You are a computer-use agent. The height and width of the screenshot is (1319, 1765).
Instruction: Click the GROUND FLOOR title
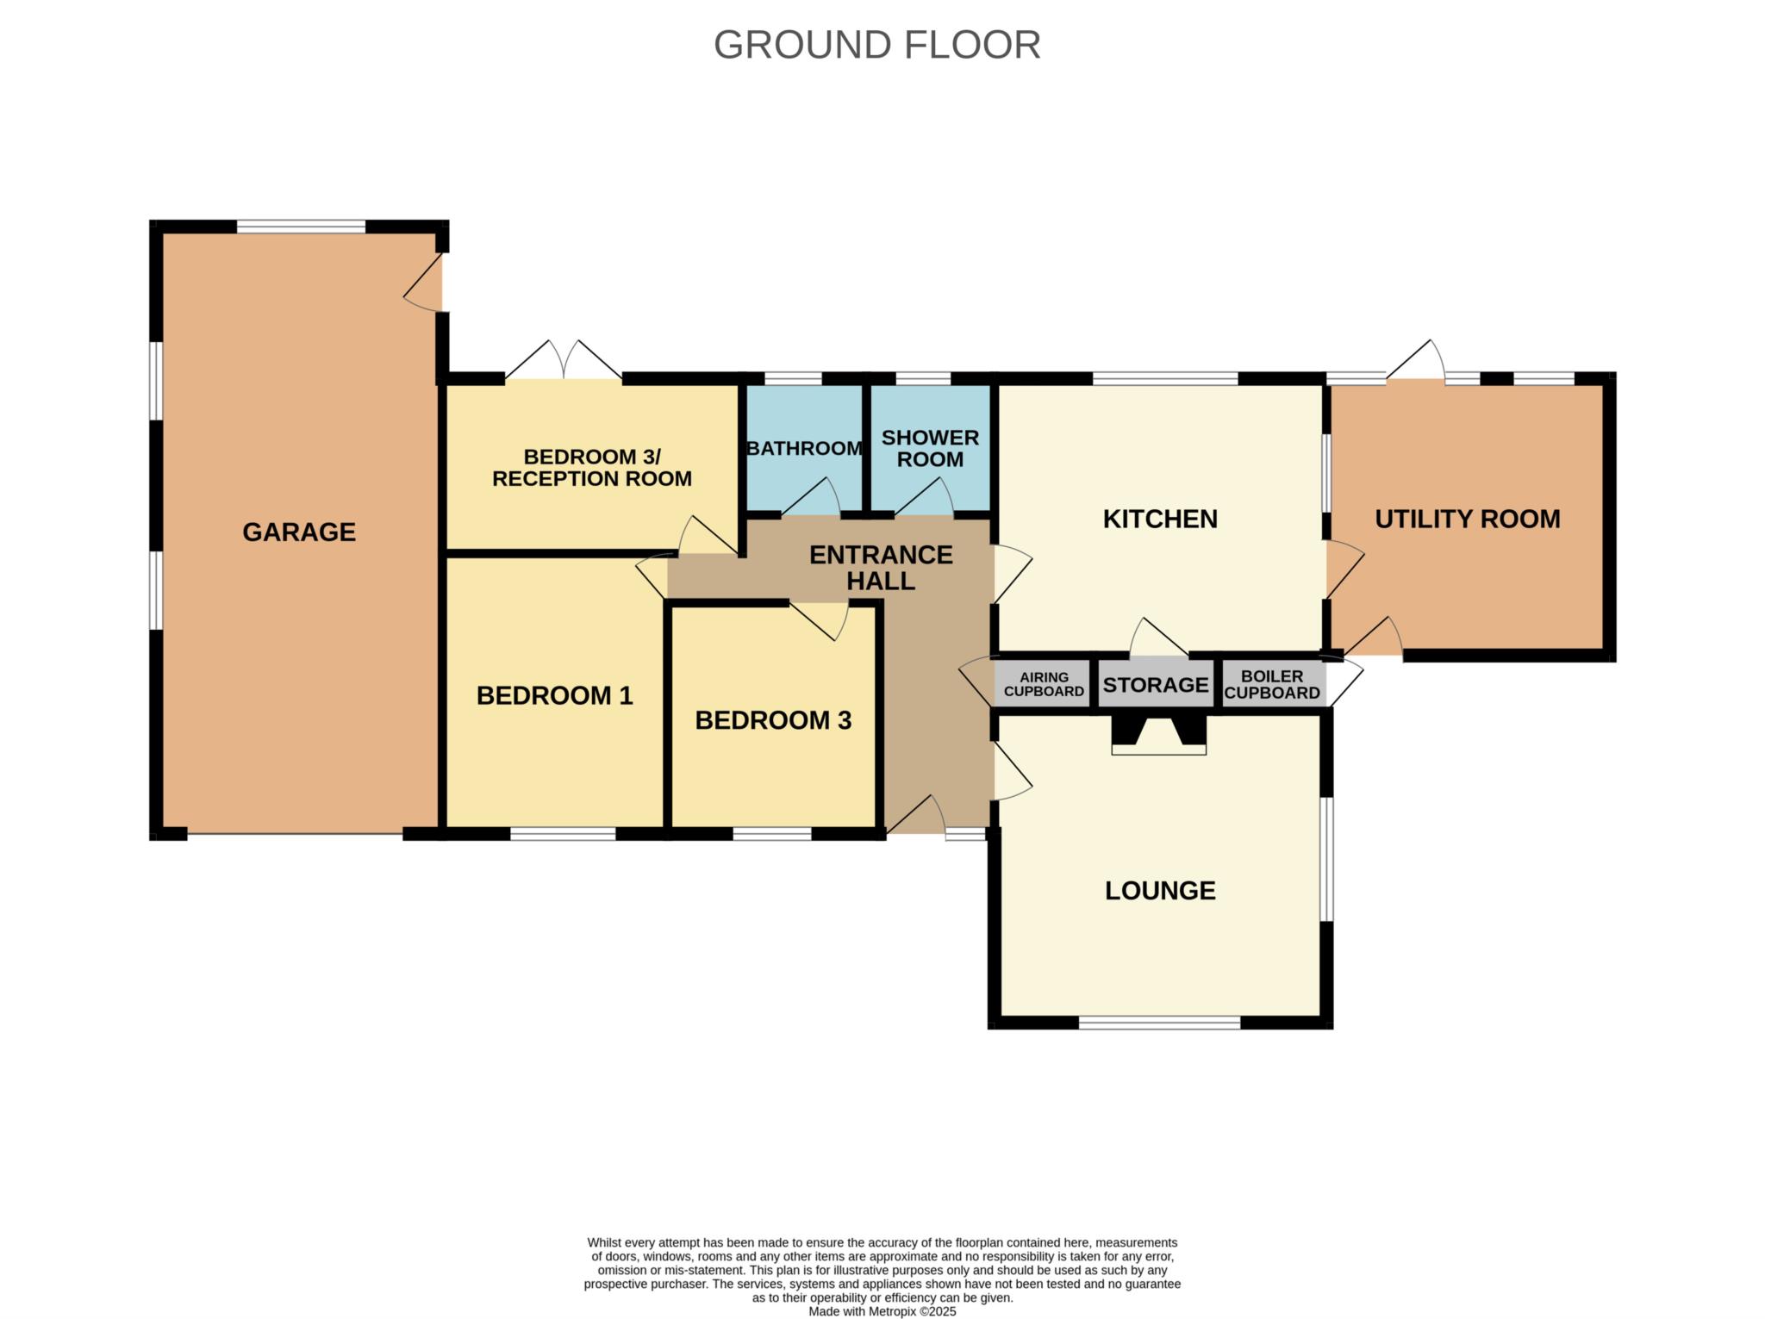click(x=876, y=45)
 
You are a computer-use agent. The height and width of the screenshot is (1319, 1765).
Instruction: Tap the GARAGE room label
click(x=299, y=532)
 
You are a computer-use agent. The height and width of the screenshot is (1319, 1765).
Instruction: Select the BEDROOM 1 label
click(x=554, y=695)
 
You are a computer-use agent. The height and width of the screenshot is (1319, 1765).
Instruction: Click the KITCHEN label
click(x=1160, y=519)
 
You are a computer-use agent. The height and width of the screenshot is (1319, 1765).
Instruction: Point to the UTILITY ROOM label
click(x=1468, y=519)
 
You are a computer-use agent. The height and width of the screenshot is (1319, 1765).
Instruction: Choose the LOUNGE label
click(x=1160, y=890)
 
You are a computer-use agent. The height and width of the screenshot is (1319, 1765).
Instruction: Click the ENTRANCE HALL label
click(x=881, y=567)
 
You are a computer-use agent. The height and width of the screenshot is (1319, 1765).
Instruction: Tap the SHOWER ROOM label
click(x=930, y=448)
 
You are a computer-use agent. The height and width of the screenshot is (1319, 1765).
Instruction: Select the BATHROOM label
click(x=804, y=448)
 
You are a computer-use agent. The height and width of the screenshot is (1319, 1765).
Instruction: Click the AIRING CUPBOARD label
click(x=1044, y=684)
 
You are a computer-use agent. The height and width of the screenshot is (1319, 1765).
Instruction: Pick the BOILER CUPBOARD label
click(x=1272, y=684)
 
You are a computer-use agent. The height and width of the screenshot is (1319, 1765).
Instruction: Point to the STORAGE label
click(x=1156, y=685)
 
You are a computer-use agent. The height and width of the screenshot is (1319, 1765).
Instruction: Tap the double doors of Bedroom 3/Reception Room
click(x=564, y=360)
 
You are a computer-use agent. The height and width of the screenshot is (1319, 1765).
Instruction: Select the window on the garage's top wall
click(x=301, y=227)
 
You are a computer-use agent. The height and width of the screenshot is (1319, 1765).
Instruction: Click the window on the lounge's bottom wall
click(x=1159, y=1023)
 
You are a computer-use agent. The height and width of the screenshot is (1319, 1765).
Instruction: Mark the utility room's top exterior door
click(x=1415, y=359)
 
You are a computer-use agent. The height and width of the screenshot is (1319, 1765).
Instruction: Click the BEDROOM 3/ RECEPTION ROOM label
click(x=592, y=467)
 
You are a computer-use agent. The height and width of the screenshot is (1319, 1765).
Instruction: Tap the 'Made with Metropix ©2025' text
click(x=882, y=1311)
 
